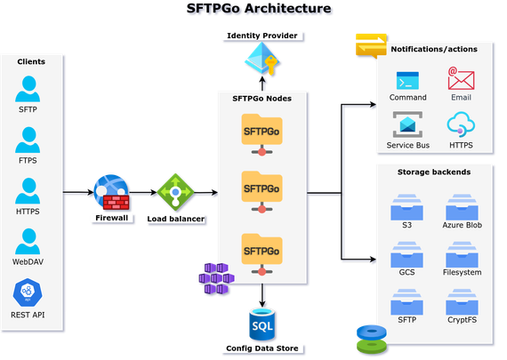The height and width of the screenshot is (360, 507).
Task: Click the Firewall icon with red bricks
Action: pyautogui.click(x=111, y=192)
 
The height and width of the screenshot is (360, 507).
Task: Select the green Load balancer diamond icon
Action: pyautogui.click(x=175, y=192)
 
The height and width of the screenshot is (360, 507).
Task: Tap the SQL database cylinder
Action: pyautogui.click(x=262, y=324)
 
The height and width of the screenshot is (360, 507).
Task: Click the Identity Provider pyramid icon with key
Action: pyautogui.click(x=262, y=60)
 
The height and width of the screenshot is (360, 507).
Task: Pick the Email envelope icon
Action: pyautogui.click(x=461, y=78)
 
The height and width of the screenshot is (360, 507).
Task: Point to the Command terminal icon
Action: pyautogui.click(x=407, y=81)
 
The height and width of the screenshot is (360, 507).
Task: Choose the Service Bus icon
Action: pyautogui.click(x=407, y=124)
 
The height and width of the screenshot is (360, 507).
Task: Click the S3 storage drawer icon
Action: pyautogui.click(x=406, y=207)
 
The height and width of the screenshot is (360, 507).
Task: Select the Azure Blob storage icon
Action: pyautogui.click(x=462, y=207)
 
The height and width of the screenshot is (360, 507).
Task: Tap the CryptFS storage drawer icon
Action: pyautogui.click(x=462, y=302)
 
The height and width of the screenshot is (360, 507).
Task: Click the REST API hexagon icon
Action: pyautogui.click(x=28, y=292)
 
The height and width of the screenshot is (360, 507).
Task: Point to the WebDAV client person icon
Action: pyautogui.click(x=28, y=242)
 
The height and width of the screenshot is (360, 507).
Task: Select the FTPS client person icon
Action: pyautogui.click(x=28, y=140)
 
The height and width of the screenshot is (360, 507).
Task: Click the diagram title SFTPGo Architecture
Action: pyautogui.click(x=259, y=8)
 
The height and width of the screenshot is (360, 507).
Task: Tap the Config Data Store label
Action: pyautogui.click(x=262, y=348)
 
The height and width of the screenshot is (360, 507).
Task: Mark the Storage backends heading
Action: pyautogui.click(x=434, y=172)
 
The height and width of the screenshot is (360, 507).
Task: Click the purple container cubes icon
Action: pyautogui.click(x=216, y=278)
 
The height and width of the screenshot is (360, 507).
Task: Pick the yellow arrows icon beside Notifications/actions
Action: pyautogui.click(x=371, y=45)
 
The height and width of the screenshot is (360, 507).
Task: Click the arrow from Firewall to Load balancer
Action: pyautogui.click(x=143, y=193)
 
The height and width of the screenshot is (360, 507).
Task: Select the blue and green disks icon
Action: pyautogui.click(x=372, y=339)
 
